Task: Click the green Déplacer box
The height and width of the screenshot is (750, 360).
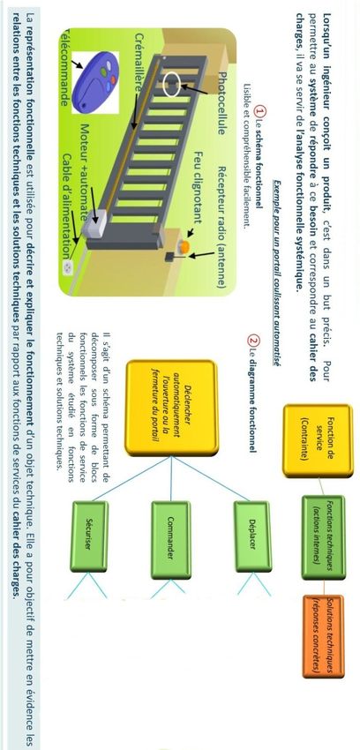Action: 252,536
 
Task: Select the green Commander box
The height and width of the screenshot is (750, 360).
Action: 170,539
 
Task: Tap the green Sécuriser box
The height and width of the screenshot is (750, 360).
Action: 89,536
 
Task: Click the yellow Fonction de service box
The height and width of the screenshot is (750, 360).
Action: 318,441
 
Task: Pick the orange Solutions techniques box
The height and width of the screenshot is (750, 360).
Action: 323,636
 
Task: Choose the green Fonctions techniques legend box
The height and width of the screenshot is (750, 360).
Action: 323,537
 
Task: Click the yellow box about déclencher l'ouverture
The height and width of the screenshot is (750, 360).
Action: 171,408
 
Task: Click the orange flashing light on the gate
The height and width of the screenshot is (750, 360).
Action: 184,246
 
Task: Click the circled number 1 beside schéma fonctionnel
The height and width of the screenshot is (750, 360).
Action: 260,111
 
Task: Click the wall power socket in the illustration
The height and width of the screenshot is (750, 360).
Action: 68,268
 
